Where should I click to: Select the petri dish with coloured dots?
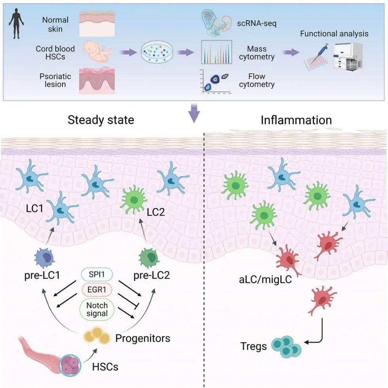[154, 53]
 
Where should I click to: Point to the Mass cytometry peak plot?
[216, 52]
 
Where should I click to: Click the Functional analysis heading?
[334, 33]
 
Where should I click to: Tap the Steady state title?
[101, 120]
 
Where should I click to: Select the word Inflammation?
[296, 120]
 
